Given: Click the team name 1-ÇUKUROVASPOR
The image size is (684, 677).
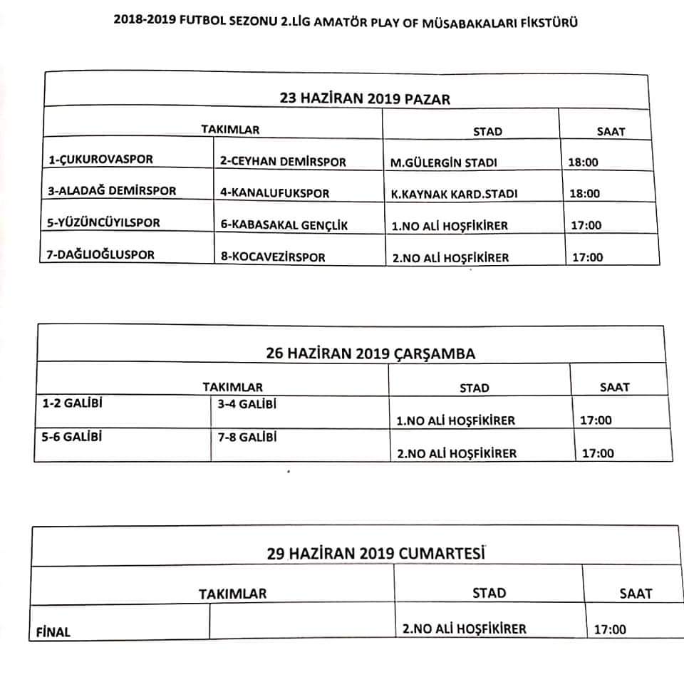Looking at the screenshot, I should point(100,160).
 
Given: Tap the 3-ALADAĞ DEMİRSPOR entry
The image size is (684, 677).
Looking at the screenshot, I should point(112,191).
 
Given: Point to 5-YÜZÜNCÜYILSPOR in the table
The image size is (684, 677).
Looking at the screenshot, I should point(104,222).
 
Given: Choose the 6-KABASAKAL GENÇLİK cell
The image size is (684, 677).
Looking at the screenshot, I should point(284,225).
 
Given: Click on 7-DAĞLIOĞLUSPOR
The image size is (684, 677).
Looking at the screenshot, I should point(101,254).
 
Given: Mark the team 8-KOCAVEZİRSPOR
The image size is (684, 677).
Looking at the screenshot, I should point(272,257).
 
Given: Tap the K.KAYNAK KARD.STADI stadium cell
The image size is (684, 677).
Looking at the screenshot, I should point(450,194).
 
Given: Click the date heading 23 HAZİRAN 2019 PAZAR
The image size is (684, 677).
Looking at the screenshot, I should point(366,99).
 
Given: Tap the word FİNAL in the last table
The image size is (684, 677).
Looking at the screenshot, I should point(53,631).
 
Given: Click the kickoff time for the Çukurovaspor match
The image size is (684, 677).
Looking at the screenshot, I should point(583,162).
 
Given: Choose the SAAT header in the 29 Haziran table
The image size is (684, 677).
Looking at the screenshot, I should point(636,593).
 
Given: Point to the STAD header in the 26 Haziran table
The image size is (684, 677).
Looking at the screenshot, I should point(474,388).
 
